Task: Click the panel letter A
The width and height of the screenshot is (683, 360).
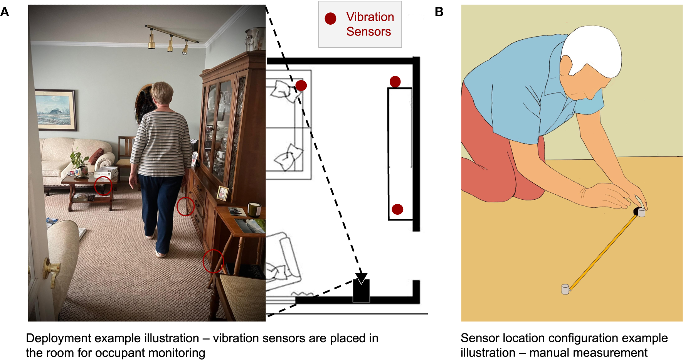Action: click(5, 12)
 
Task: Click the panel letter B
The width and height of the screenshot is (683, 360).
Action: click(439, 12)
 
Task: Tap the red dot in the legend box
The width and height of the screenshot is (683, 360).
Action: click(330, 19)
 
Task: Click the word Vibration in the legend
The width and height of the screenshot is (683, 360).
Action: click(370, 17)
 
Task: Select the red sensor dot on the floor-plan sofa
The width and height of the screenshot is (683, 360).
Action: click(301, 86)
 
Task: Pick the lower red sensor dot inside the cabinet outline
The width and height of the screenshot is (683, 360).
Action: click(397, 209)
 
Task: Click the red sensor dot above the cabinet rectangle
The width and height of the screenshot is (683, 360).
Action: click(395, 81)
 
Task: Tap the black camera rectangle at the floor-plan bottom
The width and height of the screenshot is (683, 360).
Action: click(361, 291)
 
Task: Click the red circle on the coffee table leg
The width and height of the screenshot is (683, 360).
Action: click(103, 186)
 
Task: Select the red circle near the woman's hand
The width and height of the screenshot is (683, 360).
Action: click(185, 207)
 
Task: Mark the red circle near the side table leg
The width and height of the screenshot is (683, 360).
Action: click(213, 261)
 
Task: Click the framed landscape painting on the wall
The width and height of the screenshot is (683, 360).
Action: click(55, 110)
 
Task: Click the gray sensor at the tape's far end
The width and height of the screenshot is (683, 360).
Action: click(565, 289)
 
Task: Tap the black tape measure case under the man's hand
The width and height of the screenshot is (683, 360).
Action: click(636, 211)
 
